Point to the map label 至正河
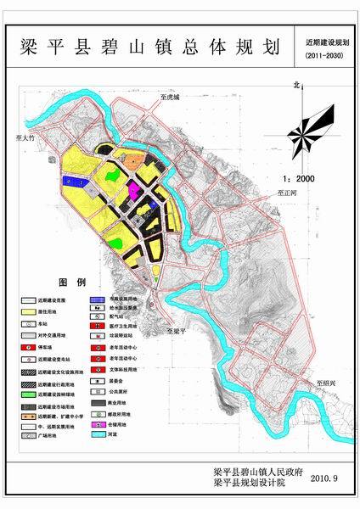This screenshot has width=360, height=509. (x=289, y=194)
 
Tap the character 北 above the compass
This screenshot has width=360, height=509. (x=296, y=85)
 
